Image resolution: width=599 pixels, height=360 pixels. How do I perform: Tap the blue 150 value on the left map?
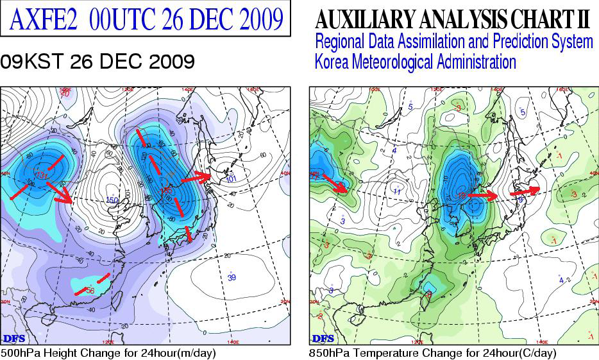tap(112, 201)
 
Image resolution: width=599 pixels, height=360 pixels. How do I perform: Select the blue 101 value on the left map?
tap(232, 178)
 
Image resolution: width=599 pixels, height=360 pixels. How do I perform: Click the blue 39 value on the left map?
tap(232, 277)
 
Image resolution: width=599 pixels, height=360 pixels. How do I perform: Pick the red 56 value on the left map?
tap(90, 290)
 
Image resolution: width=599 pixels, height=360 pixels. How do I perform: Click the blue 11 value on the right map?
tap(397, 191)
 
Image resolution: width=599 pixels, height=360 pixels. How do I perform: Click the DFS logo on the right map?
tap(323, 338)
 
